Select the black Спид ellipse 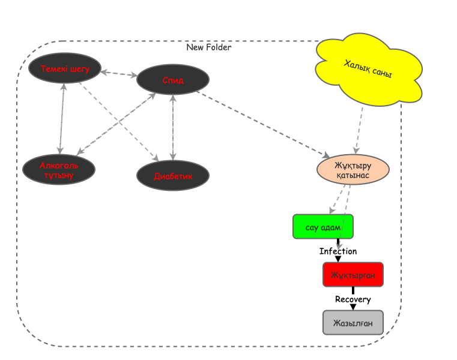point(173,80)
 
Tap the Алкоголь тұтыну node point(59,170)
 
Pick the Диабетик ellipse point(173,176)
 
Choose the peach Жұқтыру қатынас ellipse point(353,170)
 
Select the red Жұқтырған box point(353,275)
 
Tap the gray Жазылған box point(353,322)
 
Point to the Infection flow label point(338,251)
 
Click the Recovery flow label point(353,299)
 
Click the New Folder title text point(208,47)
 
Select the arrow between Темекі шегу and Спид point(119,74)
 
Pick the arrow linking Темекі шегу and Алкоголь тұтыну point(61,119)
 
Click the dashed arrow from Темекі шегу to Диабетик point(118,122)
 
